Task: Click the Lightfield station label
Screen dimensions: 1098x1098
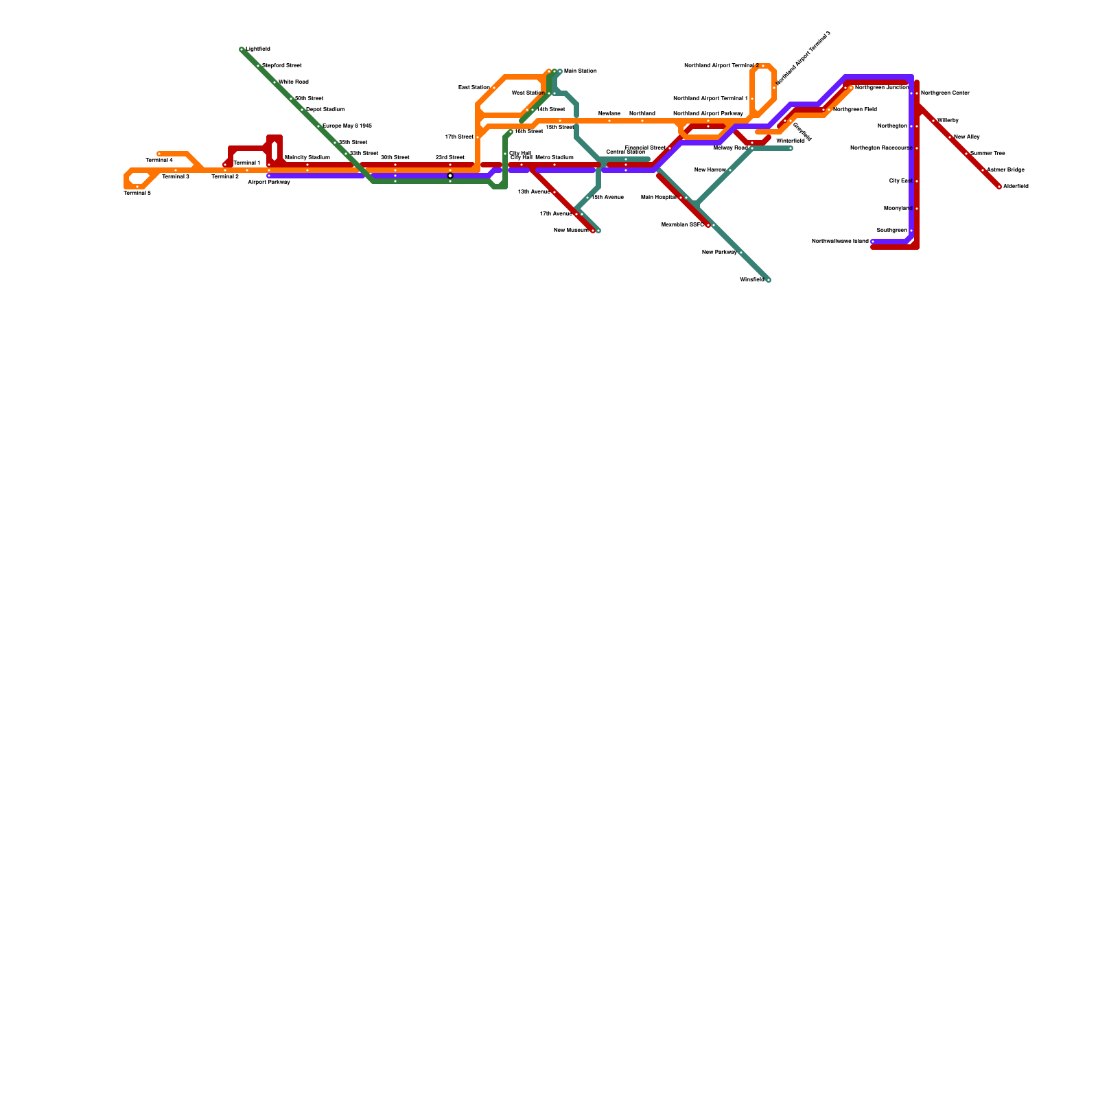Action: (x=258, y=49)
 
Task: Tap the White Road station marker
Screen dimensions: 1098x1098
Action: (x=274, y=82)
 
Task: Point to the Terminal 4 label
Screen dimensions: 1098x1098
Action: (x=159, y=161)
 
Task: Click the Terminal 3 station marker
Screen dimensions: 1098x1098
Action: (x=176, y=170)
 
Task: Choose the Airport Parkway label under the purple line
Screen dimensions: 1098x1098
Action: (x=269, y=183)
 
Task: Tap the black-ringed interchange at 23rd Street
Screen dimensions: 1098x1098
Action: (x=450, y=176)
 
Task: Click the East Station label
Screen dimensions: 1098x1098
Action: (x=474, y=88)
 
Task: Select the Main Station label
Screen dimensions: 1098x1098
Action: (x=581, y=71)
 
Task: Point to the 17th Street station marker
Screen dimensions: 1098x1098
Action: (x=478, y=137)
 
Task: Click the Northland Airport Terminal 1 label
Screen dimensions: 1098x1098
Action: (x=710, y=99)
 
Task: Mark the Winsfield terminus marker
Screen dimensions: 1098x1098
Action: (x=769, y=280)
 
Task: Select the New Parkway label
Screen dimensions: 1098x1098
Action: (x=719, y=253)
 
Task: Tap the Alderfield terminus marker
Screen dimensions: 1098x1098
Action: (x=999, y=187)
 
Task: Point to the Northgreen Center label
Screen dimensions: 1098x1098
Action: (x=945, y=93)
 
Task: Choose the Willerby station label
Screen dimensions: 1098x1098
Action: (x=948, y=121)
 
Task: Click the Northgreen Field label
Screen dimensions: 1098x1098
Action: (x=855, y=110)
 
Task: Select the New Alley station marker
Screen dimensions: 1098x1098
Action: (x=950, y=137)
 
